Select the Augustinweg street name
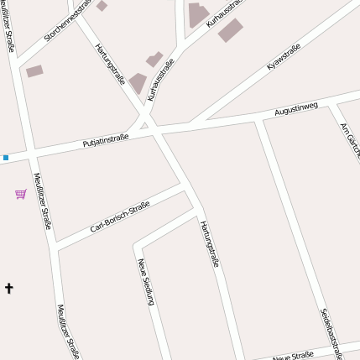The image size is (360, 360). [296, 109]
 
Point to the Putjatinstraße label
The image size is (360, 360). [105, 139]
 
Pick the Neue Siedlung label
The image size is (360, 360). [148, 282]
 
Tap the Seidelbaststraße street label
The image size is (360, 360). [331, 333]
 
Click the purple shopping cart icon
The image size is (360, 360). [21, 194]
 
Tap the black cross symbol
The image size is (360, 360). [9, 289]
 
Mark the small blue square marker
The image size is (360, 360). [5, 157]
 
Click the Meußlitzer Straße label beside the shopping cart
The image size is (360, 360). [43, 200]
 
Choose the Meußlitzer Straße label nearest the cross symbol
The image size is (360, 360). [68, 332]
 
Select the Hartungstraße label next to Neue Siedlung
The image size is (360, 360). [210, 243]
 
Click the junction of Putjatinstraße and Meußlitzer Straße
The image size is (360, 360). [30, 153]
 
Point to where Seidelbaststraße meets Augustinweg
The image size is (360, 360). [258, 122]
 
